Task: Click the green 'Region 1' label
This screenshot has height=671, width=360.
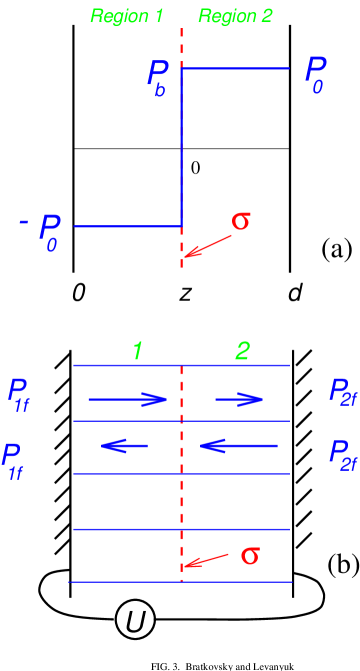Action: click(x=127, y=16)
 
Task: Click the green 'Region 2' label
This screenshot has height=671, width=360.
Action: click(x=235, y=16)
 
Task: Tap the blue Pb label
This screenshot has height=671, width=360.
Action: click(x=158, y=77)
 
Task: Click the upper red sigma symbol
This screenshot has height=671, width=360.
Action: click(x=240, y=220)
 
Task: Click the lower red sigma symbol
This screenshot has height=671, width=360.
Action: click(x=250, y=555)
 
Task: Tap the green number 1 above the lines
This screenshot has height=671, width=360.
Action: click(x=138, y=351)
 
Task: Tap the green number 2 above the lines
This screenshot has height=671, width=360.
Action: click(x=242, y=351)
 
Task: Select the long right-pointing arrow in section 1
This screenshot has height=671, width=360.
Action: click(x=128, y=400)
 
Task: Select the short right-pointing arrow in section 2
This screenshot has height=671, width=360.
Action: click(x=240, y=400)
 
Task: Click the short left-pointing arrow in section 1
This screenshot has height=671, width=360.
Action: click(x=125, y=446)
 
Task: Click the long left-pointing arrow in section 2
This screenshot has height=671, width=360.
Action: click(x=238, y=446)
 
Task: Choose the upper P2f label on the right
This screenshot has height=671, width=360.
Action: click(x=343, y=392)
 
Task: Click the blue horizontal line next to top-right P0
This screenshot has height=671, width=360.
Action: click(x=235, y=68)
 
